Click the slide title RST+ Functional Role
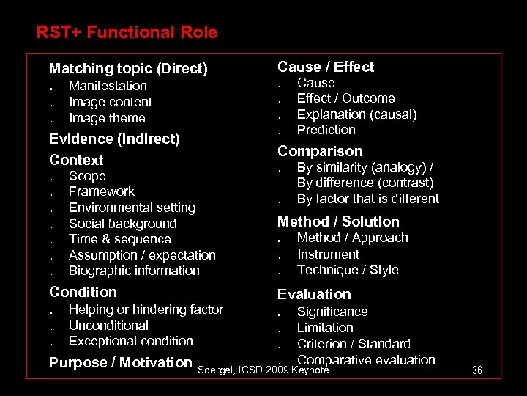tap(127, 32)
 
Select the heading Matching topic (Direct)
tap(128, 69)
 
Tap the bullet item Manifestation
tap(108, 86)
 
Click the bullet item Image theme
tap(107, 118)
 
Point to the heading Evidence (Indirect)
tap(114, 139)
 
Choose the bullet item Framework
tap(102, 191)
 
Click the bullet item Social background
tap(122, 224)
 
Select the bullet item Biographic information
tap(134, 271)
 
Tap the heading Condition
tap(83, 292)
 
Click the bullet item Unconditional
tap(108, 326)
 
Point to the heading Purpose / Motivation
tap(120, 362)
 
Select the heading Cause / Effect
tap(326, 67)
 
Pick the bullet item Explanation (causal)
tap(356, 114)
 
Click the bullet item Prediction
tap(326, 130)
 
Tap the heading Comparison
tap(320, 151)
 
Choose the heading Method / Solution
tap(338, 221)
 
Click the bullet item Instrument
tap(328, 254)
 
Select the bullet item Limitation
tap(325, 328)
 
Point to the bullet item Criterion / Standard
tap(354, 344)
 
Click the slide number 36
tap(477, 370)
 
